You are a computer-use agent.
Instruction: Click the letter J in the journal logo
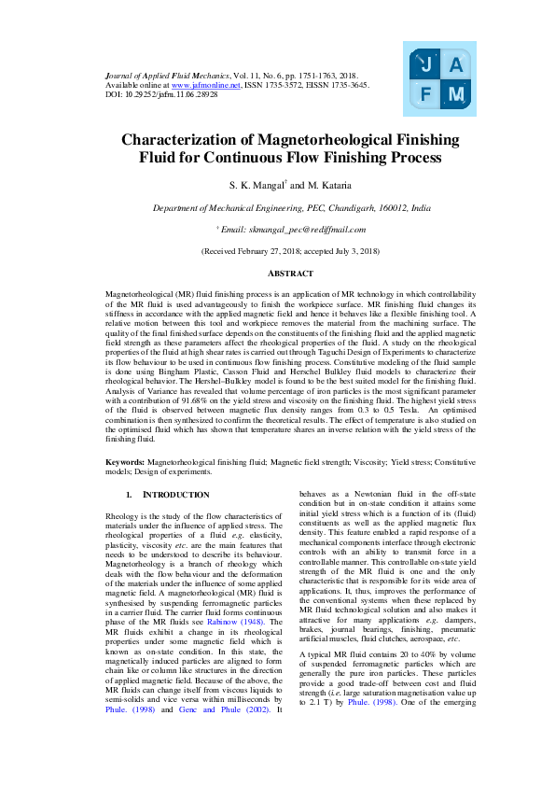tap(426, 65)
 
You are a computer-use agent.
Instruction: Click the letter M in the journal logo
tap(456, 93)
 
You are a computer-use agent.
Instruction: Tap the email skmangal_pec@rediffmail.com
tap(292, 229)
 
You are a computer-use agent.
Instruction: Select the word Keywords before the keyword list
tap(124, 462)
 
